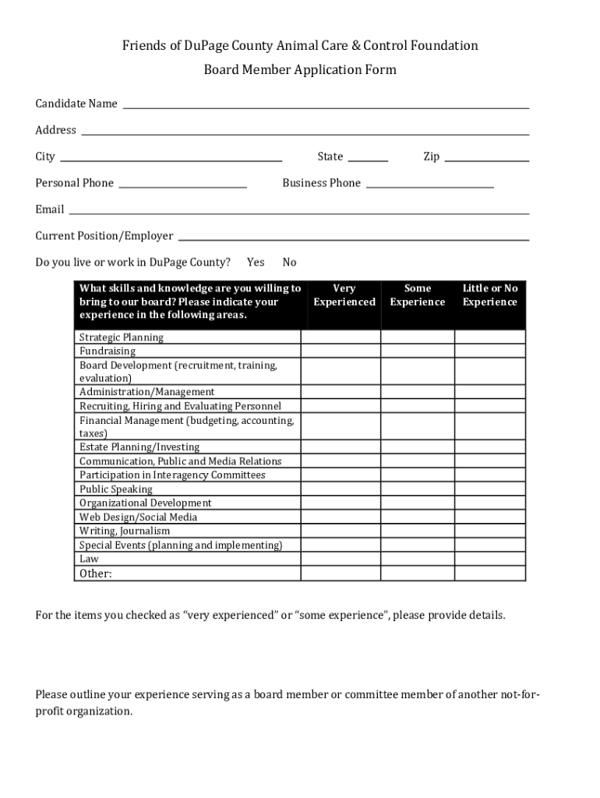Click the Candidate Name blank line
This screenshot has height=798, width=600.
pyautogui.click(x=326, y=105)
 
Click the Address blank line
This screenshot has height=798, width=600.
pyautogui.click(x=305, y=132)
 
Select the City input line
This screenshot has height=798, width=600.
pyautogui.click(x=171, y=158)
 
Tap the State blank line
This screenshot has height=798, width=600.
pyautogui.click(x=367, y=158)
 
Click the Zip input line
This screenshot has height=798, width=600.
pyautogui.click(x=486, y=158)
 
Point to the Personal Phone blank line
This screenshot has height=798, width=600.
pyautogui.click(x=182, y=185)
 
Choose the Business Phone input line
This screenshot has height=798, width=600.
pyautogui.click(x=429, y=185)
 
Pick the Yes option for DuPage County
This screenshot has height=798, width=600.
pyautogui.click(x=256, y=263)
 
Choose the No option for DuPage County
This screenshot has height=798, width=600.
pyautogui.click(x=289, y=263)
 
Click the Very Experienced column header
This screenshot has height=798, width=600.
pyautogui.click(x=344, y=295)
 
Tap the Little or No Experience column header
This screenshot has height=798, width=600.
pyautogui.click(x=490, y=295)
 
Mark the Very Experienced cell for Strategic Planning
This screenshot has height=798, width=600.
pyautogui.click(x=341, y=337)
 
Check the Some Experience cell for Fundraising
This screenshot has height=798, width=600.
pyautogui.click(x=417, y=351)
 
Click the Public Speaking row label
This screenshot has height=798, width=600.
pyautogui.click(x=116, y=489)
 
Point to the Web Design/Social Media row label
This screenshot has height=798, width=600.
pyautogui.click(x=138, y=517)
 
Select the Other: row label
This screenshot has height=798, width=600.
pyautogui.click(x=96, y=574)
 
